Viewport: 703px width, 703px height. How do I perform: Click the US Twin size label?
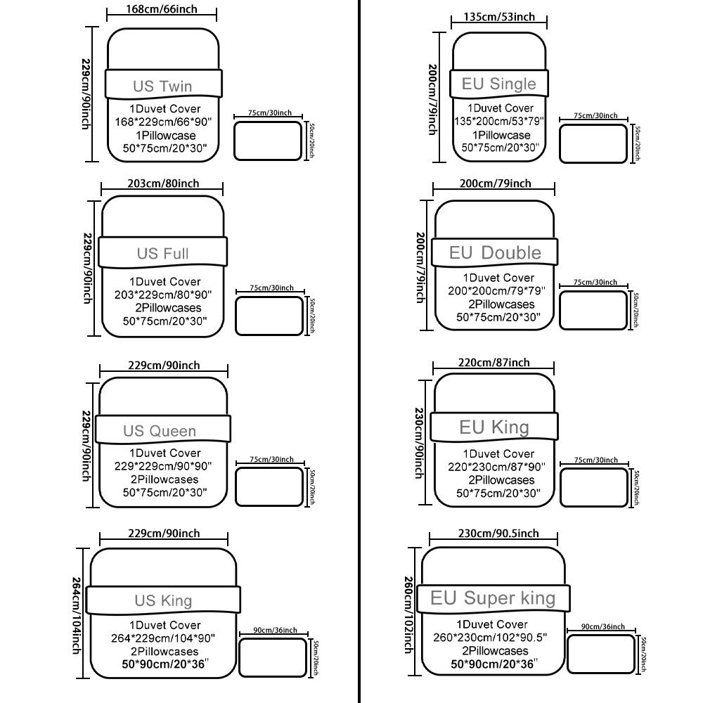[x=162, y=86]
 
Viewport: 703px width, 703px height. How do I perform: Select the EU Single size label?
[x=498, y=84]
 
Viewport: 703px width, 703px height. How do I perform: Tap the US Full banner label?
[x=162, y=253]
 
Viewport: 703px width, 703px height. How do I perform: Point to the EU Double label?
[x=495, y=252]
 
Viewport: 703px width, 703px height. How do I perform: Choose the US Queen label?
[x=160, y=431]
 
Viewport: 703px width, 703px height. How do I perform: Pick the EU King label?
[x=494, y=427]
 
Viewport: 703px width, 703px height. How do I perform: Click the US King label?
[x=163, y=600]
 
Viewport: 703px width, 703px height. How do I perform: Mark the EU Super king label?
[x=492, y=598]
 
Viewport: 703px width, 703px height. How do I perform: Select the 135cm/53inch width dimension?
[x=499, y=17]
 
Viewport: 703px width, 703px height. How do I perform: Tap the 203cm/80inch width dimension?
[x=163, y=183]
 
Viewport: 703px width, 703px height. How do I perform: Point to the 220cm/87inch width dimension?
[x=494, y=363]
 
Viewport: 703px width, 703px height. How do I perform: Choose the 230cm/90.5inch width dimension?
[x=498, y=533]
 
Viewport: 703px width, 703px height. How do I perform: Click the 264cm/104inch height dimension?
[x=77, y=616]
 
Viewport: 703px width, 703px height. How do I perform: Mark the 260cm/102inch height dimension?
[x=408, y=616]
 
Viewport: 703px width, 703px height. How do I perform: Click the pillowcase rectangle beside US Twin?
[x=268, y=141]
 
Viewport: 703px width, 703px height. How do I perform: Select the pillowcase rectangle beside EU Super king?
[x=601, y=654]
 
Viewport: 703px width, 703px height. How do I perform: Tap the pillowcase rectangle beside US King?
[x=273, y=657]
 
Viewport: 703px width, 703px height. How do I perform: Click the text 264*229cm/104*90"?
[x=165, y=638]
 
